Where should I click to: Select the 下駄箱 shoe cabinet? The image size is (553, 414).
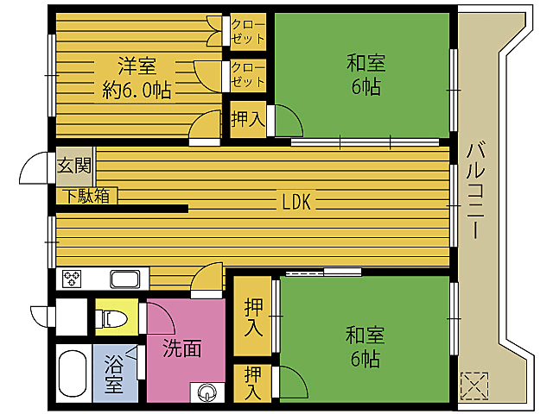pos(85,196)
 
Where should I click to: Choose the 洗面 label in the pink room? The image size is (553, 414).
pos(183,348)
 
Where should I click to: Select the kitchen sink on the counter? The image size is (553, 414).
pos(125,279)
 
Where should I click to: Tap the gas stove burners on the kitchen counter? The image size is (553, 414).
pos(71,279)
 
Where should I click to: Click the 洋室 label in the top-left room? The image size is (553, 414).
pos(137,66)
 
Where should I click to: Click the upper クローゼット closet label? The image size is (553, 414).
pos(248,30)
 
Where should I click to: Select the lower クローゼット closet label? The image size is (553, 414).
pos(248,74)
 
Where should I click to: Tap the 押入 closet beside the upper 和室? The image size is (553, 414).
pos(247,120)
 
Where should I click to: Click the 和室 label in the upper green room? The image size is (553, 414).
pos(365,64)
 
